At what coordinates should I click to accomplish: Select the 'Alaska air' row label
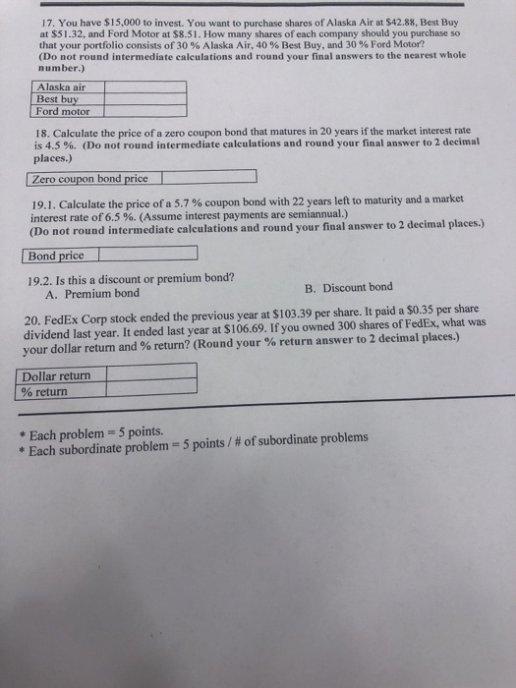[x=62, y=86]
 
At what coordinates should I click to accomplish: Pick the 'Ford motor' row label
[x=63, y=111]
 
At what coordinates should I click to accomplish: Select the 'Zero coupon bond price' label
[x=89, y=179]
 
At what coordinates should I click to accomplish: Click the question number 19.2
[x=34, y=278]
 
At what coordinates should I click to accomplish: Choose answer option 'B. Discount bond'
[x=349, y=287]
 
